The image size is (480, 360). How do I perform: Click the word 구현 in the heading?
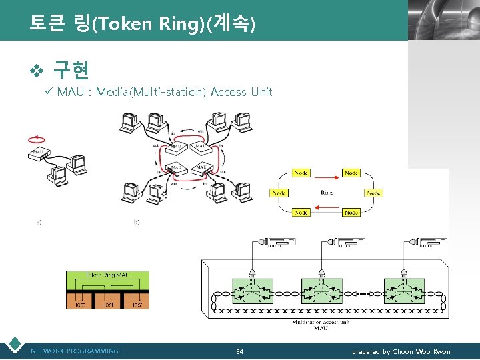point(71,69)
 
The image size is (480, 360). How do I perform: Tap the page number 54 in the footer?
point(239,351)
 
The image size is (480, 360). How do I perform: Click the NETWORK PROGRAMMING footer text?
point(75,351)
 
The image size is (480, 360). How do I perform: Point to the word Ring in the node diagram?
point(327,193)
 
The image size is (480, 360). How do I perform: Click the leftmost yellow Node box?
point(279,193)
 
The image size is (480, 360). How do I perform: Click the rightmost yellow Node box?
point(373,193)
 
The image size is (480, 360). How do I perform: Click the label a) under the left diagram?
point(39,221)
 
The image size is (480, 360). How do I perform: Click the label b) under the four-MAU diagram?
point(137,221)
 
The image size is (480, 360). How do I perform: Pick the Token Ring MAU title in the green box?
point(107,275)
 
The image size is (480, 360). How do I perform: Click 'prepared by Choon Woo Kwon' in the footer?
point(401,351)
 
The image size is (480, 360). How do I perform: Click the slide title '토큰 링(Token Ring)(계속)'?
point(141,24)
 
